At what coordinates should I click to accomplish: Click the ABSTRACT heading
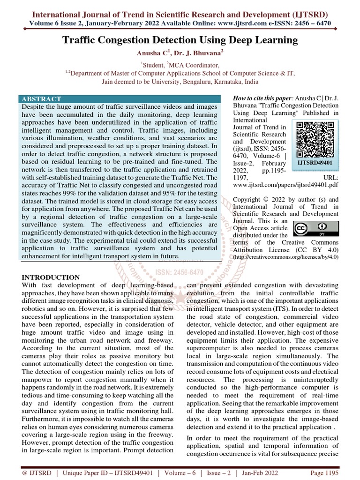41,99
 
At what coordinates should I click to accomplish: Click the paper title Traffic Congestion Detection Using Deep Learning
180,40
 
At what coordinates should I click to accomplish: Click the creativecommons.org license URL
285,256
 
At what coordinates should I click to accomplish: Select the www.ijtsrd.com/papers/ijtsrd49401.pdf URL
285,185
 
